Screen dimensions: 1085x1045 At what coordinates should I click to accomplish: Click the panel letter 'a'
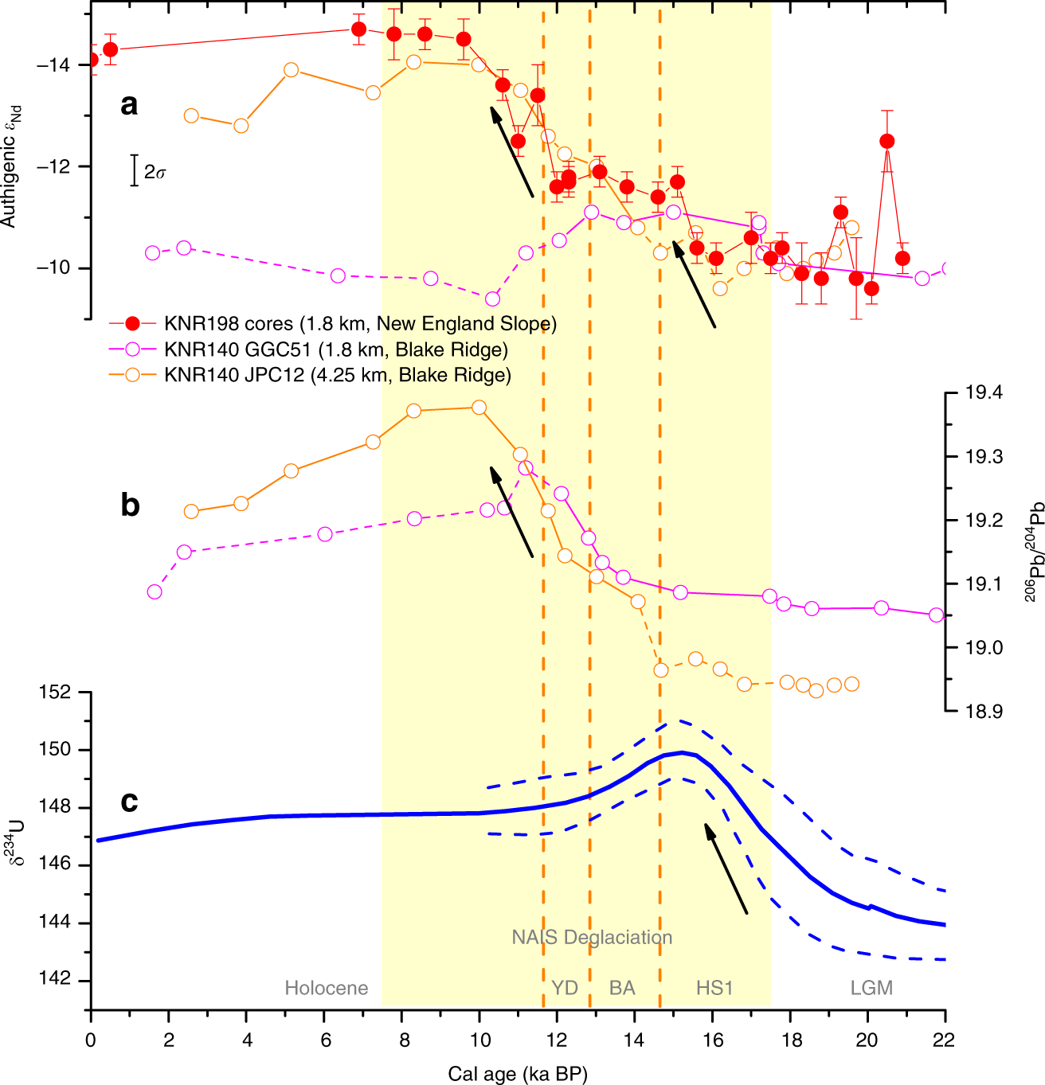click(129, 104)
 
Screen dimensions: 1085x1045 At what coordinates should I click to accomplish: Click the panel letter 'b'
click(130, 505)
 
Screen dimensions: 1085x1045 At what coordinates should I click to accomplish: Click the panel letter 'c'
click(129, 802)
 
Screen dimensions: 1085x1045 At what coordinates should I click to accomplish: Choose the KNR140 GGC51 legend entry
click(335, 349)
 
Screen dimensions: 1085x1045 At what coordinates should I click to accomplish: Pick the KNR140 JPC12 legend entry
click(337, 375)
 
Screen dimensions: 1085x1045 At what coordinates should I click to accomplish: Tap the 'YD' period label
click(565, 988)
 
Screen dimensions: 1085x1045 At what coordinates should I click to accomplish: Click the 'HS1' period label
click(714, 988)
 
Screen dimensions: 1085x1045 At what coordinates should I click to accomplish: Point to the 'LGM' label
click(871, 988)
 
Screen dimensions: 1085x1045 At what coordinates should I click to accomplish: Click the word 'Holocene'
click(327, 989)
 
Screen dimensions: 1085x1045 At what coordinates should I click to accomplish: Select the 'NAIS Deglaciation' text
click(592, 937)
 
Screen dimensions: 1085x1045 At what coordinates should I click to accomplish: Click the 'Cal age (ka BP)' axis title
click(517, 1074)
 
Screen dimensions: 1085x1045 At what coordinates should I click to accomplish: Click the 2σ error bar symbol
click(135, 170)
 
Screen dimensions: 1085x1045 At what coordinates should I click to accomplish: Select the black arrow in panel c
click(726, 868)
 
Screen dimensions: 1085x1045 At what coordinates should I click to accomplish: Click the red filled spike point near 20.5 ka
click(886, 141)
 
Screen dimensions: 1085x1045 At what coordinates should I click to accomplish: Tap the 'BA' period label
click(622, 988)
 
